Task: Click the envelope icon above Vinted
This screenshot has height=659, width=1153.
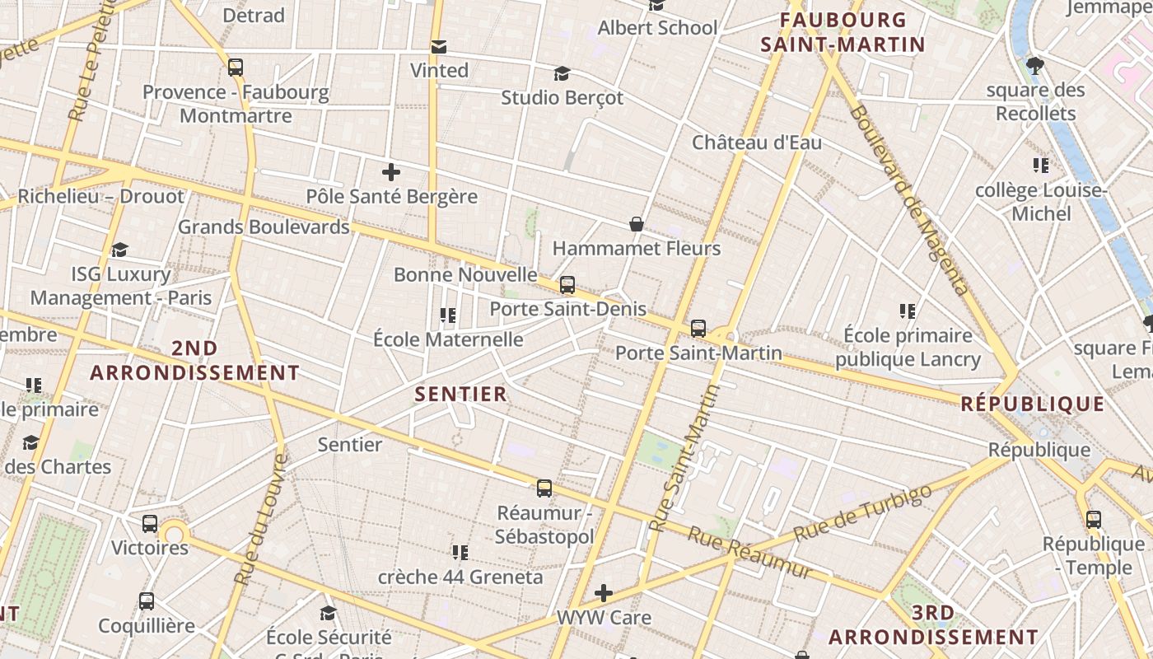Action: coord(439,47)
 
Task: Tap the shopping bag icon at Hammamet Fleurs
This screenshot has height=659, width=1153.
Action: coord(637,224)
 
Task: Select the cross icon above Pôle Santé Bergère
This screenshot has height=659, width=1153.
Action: coord(391,172)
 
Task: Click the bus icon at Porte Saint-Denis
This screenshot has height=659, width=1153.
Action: coord(567,286)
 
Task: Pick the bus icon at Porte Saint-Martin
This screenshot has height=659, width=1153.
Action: coord(698,329)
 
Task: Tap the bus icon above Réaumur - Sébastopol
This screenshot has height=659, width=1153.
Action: coord(544,488)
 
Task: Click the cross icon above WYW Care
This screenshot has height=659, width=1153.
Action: coord(604,593)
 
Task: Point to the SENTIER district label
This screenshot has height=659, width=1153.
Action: coord(461,395)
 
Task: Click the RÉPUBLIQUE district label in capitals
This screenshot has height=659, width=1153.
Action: coord(1033,404)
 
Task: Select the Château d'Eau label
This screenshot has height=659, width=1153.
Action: coord(757,143)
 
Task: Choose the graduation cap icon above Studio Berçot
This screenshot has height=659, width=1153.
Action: coord(562,74)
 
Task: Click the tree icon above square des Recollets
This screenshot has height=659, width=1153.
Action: coord(1035,65)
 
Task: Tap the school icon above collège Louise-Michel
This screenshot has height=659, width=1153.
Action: coord(1041,166)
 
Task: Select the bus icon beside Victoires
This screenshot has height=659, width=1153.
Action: coord(150,524)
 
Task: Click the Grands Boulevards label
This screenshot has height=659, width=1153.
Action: coord(264,227)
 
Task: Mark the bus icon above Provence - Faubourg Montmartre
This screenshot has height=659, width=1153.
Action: coord(236,68)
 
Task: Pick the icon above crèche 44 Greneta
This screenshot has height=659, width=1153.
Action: coord(460,552)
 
